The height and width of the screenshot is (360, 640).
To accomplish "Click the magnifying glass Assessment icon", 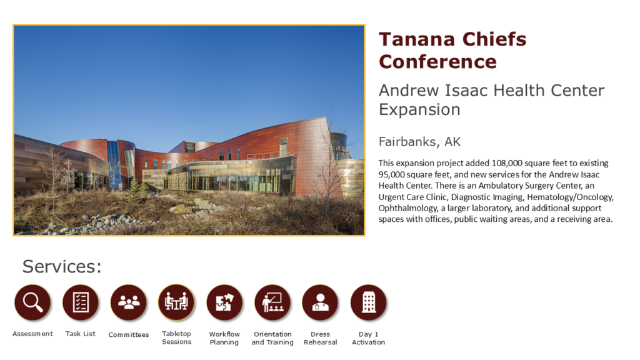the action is click(32, 302).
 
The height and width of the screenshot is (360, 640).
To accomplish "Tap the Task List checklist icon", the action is click(81, 302).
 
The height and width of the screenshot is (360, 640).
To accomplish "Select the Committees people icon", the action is click(129, 302).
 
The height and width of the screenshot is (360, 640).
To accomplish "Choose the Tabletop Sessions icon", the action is click(176, 302).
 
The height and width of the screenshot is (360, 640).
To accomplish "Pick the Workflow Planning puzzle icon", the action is click(224, 302).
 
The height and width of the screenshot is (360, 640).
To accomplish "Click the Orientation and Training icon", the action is click(272, 302).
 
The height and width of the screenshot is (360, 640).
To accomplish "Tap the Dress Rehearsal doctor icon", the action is click(321, 302).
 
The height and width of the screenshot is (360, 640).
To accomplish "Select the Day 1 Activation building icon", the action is click(369, 302).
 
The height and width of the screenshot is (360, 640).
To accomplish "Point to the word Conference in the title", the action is click(438, 62).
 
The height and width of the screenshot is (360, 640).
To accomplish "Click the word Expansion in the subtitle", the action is click(419, 110).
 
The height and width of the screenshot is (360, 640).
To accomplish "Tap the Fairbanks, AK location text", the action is click(419, 142).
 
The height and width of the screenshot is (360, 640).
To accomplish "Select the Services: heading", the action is click(62, 266).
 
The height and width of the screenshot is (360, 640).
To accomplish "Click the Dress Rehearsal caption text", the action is click(321, 338).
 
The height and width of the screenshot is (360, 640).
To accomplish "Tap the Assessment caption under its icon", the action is click(32, 334).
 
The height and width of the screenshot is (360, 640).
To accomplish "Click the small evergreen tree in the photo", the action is click(135, 190).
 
